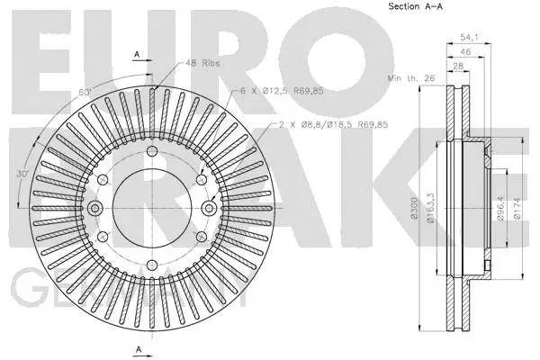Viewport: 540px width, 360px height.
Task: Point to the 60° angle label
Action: [x=85, y=93]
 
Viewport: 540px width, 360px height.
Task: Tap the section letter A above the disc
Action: [x=136, y=54]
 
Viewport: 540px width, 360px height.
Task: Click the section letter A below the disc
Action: [x=136, y=349]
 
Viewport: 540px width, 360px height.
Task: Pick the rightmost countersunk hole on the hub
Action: [x=208, y=209]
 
